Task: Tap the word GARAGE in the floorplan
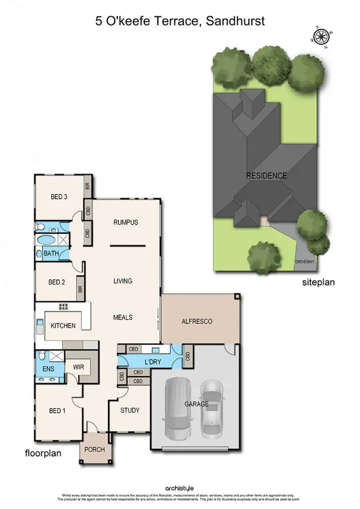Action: (196, 404)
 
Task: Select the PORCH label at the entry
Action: (94, 449)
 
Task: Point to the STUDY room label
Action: (130, 411)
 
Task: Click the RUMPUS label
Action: (125, 222)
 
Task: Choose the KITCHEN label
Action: (63, 326)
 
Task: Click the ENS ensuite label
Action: (48, 369)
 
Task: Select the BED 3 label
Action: (59, 197)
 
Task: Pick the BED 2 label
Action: (57, 282)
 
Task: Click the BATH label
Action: (51, 254)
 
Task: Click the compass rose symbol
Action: (319, 35)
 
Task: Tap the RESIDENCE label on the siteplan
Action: (266, 175)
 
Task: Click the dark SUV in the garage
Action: (177, 408)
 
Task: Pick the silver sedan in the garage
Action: (211, 409)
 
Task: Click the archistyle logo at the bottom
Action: (180, 489)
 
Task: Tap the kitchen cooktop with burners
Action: (64, 306)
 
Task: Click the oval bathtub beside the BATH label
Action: (48, 240)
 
